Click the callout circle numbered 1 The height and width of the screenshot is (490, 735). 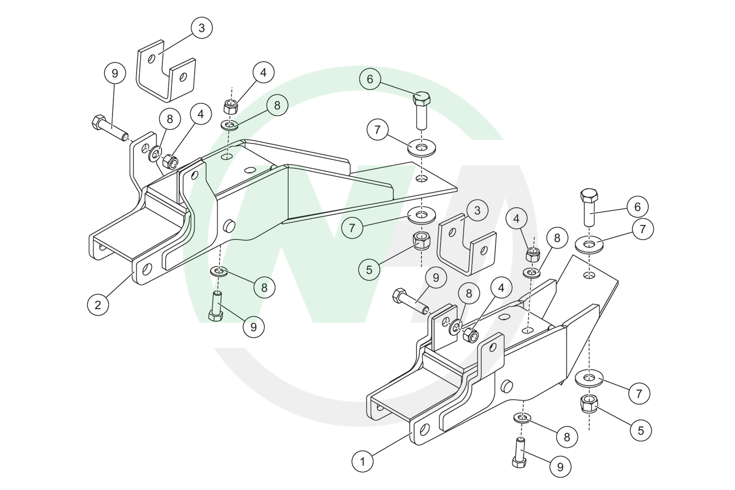point(363,462)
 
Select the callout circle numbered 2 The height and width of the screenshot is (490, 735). point(98,305)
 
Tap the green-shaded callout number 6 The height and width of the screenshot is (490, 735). point(370,79)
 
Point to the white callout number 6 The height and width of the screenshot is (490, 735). point(637,207)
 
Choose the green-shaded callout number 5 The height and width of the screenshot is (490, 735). point(369,269)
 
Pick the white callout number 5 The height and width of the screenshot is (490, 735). point(641,430)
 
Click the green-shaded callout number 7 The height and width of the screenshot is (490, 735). point(352,227)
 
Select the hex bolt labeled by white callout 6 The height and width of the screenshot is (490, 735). point(589,207)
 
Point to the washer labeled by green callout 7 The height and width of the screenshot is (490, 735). point(421,216)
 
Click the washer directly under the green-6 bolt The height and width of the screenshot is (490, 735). point(421,147)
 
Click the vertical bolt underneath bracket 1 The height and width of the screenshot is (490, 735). point(519,453)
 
